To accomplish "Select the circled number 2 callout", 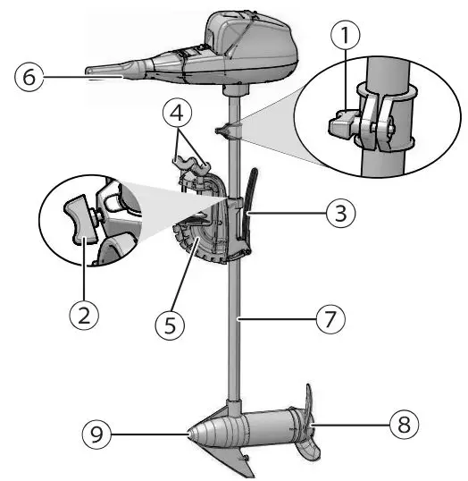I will tap(84, 316).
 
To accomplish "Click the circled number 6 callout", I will tap(26, 79).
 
